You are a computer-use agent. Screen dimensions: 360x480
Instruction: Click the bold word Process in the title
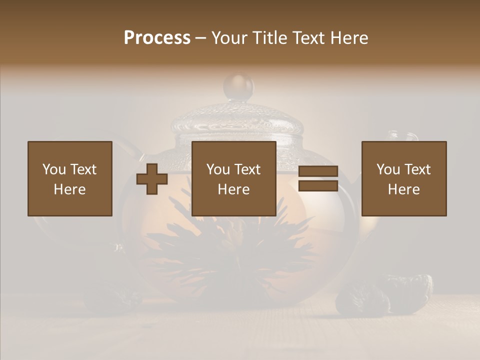point(157,38)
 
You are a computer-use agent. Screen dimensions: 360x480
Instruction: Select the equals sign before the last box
point(318,178)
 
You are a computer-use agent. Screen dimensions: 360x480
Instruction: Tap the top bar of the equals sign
point(318,171)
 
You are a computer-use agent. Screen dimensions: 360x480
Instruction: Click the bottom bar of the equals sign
point(318,185)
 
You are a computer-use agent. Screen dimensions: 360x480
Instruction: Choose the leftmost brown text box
point(70,178)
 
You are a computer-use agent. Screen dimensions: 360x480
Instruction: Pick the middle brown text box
point(234,178)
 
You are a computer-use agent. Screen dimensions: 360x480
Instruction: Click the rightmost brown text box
point(404,178)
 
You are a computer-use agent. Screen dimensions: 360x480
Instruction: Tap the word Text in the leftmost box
point(83,169)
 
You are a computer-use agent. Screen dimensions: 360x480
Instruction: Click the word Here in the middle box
point(234,189)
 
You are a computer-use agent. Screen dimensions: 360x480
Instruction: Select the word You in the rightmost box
point(388,169)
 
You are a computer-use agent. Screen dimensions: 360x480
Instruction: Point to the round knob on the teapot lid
point(238,86)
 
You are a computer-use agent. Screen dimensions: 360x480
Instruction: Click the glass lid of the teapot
point(238,120)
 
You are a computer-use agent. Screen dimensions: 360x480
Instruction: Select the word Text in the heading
point(306,38)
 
